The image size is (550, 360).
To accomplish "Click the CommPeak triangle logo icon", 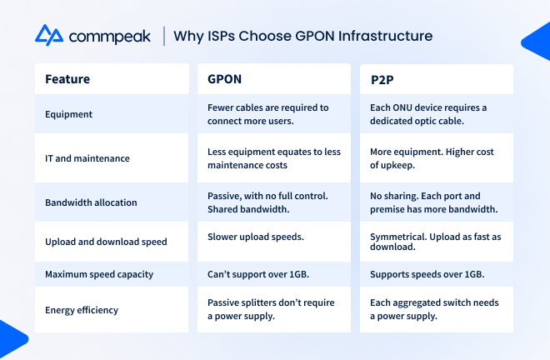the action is tap(49, 35).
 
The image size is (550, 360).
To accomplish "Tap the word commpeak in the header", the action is tap(109, 37).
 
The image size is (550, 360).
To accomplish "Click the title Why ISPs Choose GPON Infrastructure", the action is tap(303, 36).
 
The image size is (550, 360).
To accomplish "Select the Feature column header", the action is tap(67, 79).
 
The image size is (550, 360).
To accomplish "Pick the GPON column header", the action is tap(224, 79).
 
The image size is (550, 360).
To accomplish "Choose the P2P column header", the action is tap(382, 80).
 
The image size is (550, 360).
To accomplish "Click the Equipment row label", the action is tap(68, 114).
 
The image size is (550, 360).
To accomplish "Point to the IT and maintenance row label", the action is tap(87, 158).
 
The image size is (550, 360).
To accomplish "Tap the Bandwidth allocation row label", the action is tap(91, 202).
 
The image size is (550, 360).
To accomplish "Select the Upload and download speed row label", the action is tap(106, 242).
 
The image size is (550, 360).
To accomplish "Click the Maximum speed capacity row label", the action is tap(99, 274).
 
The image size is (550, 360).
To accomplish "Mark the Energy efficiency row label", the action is tap(82, 310).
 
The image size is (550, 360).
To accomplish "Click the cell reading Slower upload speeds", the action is tap(256, 237).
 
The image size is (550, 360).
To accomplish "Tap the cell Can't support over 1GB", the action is tap(258, 274).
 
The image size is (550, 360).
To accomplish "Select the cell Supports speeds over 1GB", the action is tap(427, 274).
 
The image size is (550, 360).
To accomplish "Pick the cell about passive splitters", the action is tap(271, 309).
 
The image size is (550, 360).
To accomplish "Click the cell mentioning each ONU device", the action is tap(428, 114).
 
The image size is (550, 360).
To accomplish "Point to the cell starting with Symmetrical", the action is tap(436, 242).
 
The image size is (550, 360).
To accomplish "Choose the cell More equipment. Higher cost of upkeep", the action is tap(432, 158).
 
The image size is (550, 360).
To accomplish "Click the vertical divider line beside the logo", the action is tap(164, 36).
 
